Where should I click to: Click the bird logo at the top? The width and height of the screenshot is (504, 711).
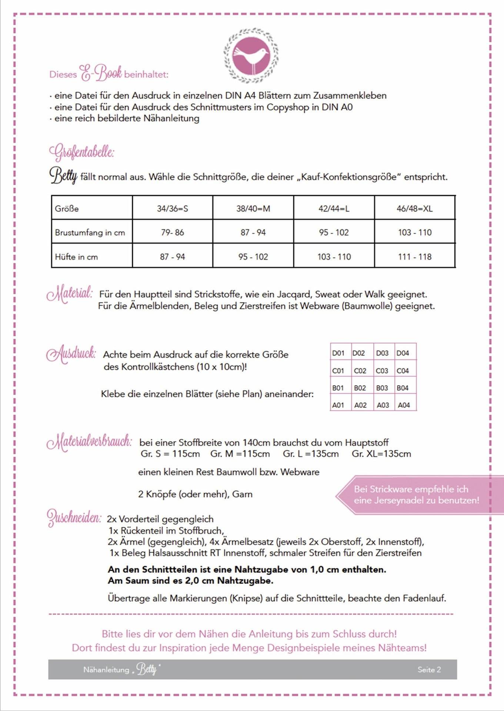click(x=251, y=55)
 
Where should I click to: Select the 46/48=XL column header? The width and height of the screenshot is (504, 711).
click(x=414, y=208)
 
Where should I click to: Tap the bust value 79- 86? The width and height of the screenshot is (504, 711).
click(x=172, y=232)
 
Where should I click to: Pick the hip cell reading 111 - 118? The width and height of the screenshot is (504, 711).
click(x=414, y=257)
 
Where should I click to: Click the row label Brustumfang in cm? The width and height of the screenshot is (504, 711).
click(x=90, y=233)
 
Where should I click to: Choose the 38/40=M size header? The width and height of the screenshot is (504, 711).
click(x=253, y=208)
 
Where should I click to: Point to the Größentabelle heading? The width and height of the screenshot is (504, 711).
click(x=81, y=152)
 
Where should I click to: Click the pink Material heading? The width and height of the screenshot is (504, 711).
click(x=70, y=294)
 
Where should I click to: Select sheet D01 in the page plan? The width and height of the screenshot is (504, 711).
click(x=338, y=353)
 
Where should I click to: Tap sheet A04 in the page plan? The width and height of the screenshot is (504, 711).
click(x=404, y=405)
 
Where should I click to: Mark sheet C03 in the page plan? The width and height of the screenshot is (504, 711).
click(x=382, y=371)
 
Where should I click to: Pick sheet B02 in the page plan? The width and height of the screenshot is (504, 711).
click(x=360, y=388)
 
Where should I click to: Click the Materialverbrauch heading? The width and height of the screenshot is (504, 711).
click(x=89, y=442)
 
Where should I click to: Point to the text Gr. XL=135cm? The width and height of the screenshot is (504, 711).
click(x=381, y=454)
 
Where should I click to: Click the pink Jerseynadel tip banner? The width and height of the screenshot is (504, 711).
click(x=416, y=495)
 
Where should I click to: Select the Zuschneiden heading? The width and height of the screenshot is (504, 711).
click(x=74, y=517)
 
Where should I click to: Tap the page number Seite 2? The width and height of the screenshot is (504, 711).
click(x=429, y=669)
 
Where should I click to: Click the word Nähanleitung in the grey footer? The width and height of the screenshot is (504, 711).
click(x=106, y=670)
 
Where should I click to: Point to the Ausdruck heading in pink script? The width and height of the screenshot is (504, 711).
click(x=71, y=354)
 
